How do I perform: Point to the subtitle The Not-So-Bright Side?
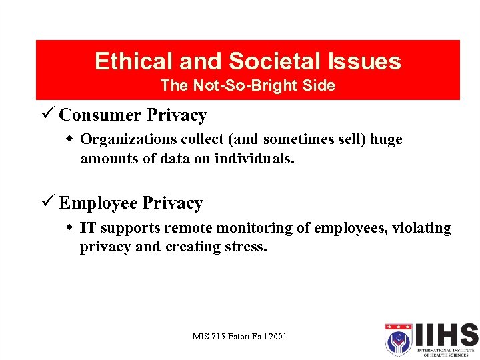pos(247,86)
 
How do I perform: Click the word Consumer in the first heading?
pos(100,115)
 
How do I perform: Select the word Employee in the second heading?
pos(98,203)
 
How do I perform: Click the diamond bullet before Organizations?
pos(71,139)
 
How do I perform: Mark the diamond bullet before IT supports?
pos(71,228)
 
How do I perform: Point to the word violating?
pos(421,229)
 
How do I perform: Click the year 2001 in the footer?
pos(278,336)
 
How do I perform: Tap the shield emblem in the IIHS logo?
pos(399,339)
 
